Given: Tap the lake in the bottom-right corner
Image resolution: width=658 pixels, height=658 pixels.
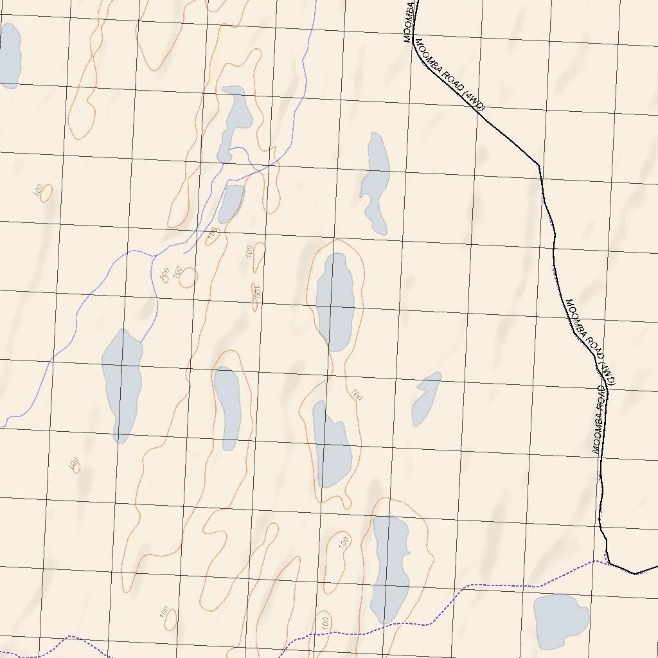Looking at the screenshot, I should coord(561,620).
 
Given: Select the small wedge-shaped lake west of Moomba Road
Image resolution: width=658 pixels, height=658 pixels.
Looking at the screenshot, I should coord(426,398).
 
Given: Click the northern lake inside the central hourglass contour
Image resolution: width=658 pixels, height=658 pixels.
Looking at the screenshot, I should coord(335,301).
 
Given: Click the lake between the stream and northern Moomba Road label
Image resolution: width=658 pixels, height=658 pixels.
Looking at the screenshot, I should coord(375,184).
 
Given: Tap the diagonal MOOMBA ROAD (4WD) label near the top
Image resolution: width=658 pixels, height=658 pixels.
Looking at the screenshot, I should coord(450,76).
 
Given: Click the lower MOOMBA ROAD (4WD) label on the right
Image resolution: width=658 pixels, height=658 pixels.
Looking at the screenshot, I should coord(591,342).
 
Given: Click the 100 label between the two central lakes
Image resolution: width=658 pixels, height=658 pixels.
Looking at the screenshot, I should coord(357,395).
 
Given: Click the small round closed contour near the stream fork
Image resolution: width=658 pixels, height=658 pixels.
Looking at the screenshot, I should coord(188,277).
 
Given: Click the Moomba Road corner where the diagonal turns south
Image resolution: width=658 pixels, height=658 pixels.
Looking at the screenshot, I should coord(538,166).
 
